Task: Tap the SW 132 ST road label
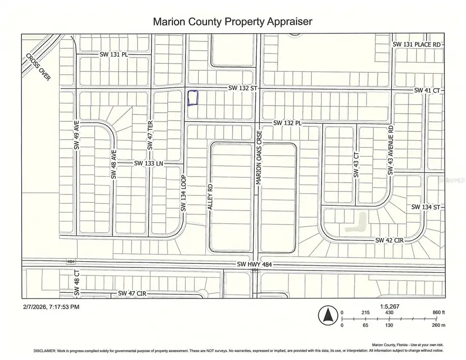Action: pyautogui.click(x=243, y=89)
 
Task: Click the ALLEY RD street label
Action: pyautogui.click(x=210, y=197)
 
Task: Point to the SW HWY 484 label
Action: pyautogui.click(x=254, y=264)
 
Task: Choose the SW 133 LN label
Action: pyautogui.click(x=149, y=163)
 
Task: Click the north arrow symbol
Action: pyautogui.click(x=327, y=313)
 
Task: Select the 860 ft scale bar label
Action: pyautogui.click(x=438, y=313)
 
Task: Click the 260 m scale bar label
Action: pyautogui.click(x=438, y=325)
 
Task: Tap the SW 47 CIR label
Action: pyautogui.click(x=133, y=293)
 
